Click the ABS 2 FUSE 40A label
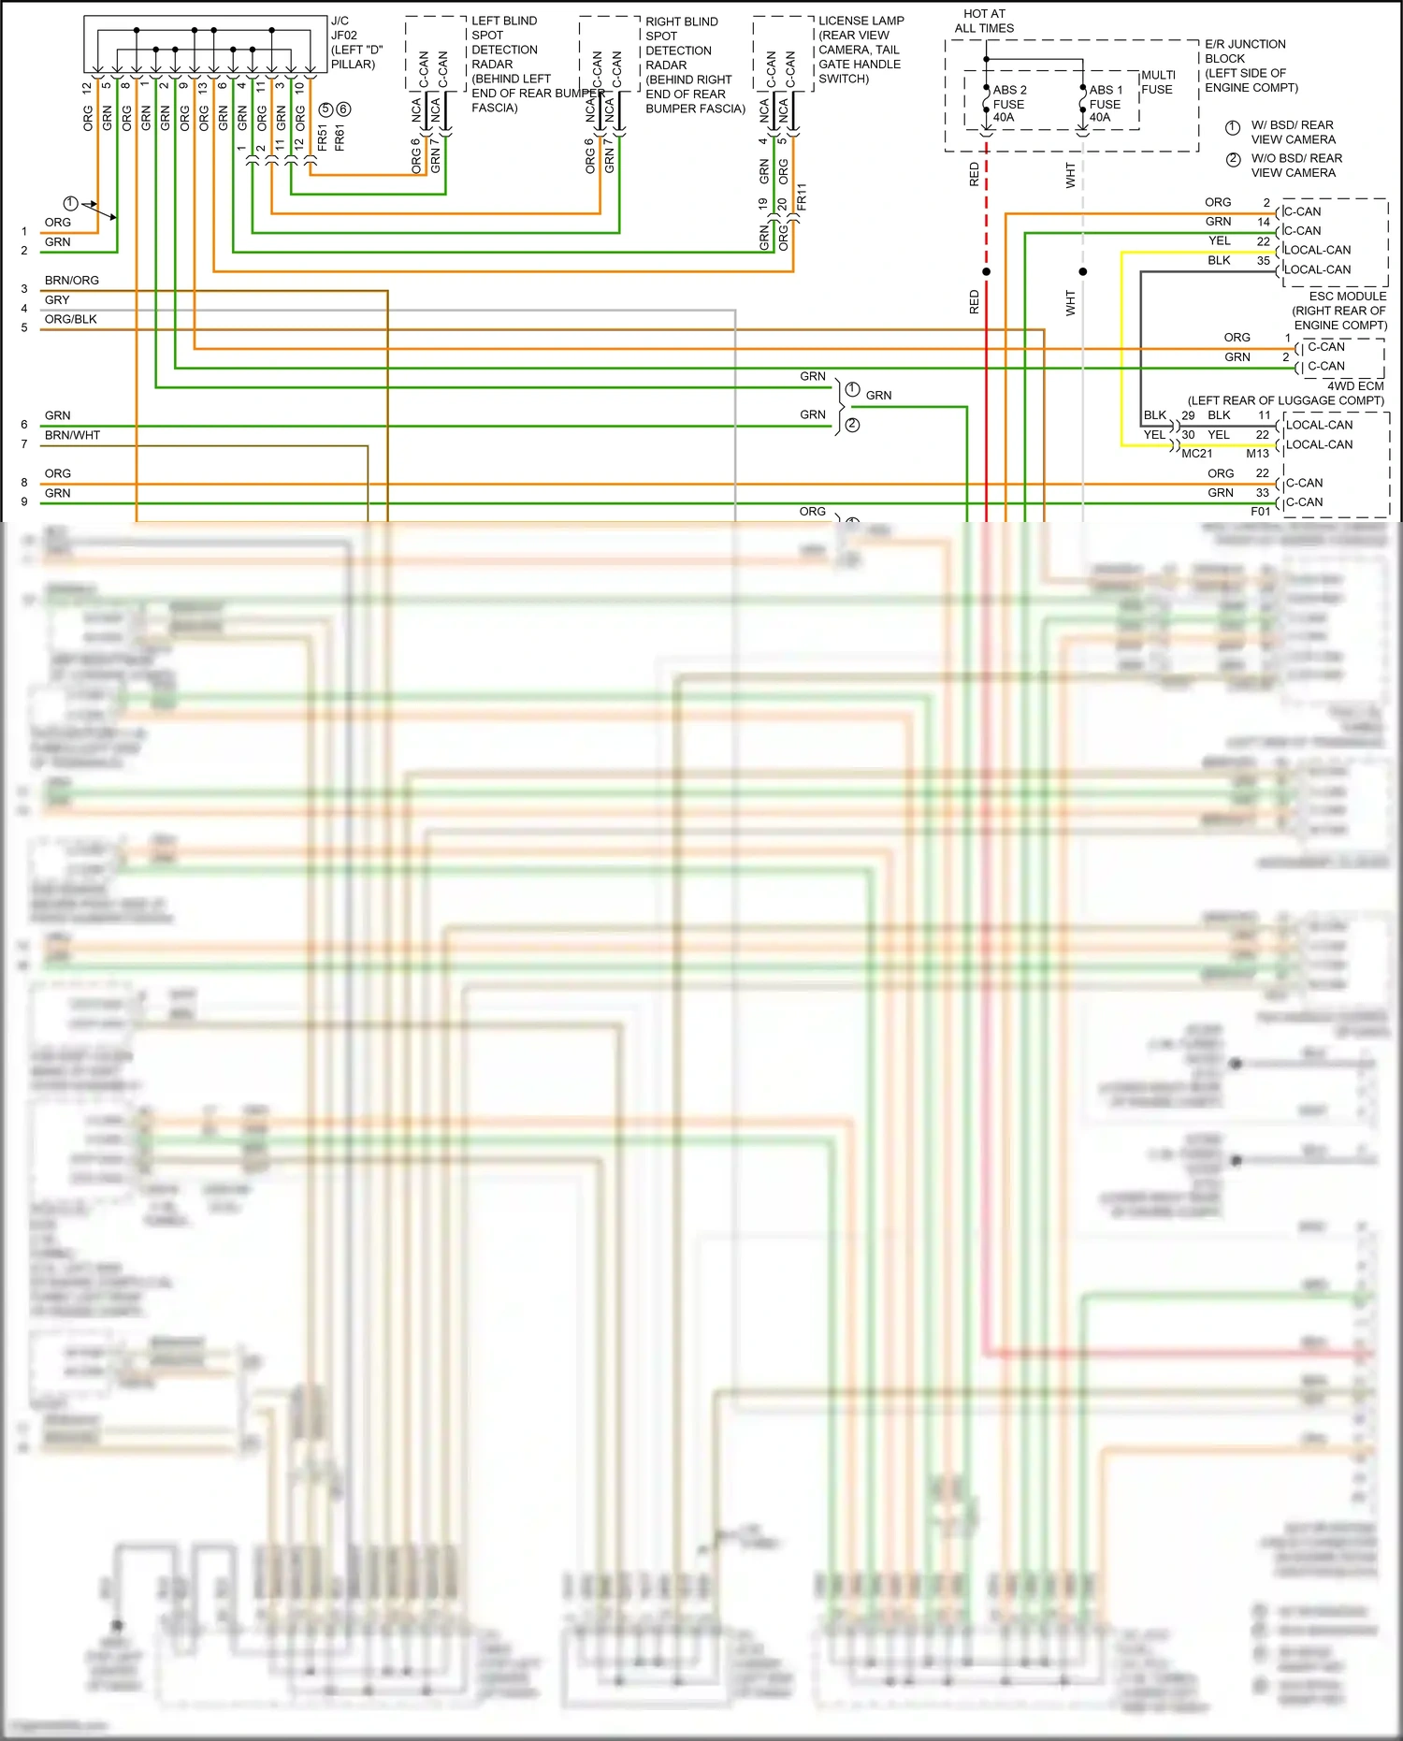[x=1008, y=104]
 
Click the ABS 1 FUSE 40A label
[x=1105, y=104]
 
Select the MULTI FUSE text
[x=1158, y=82]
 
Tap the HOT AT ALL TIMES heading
[x=984, y=21]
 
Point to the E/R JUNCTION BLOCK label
[x=1250, y=65]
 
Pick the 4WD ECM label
[x=1354, y=385]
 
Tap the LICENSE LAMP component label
[x=861, y=50]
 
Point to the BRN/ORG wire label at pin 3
[x=72, y=280]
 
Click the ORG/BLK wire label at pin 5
[x=71, y=319]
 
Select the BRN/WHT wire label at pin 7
[x=72, y=435]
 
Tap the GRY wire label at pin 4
[x=57, y=299]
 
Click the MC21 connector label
[x=1196, y=453]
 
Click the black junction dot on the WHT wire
[x=1083, y=271]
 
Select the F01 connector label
[x=1260, y=511]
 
